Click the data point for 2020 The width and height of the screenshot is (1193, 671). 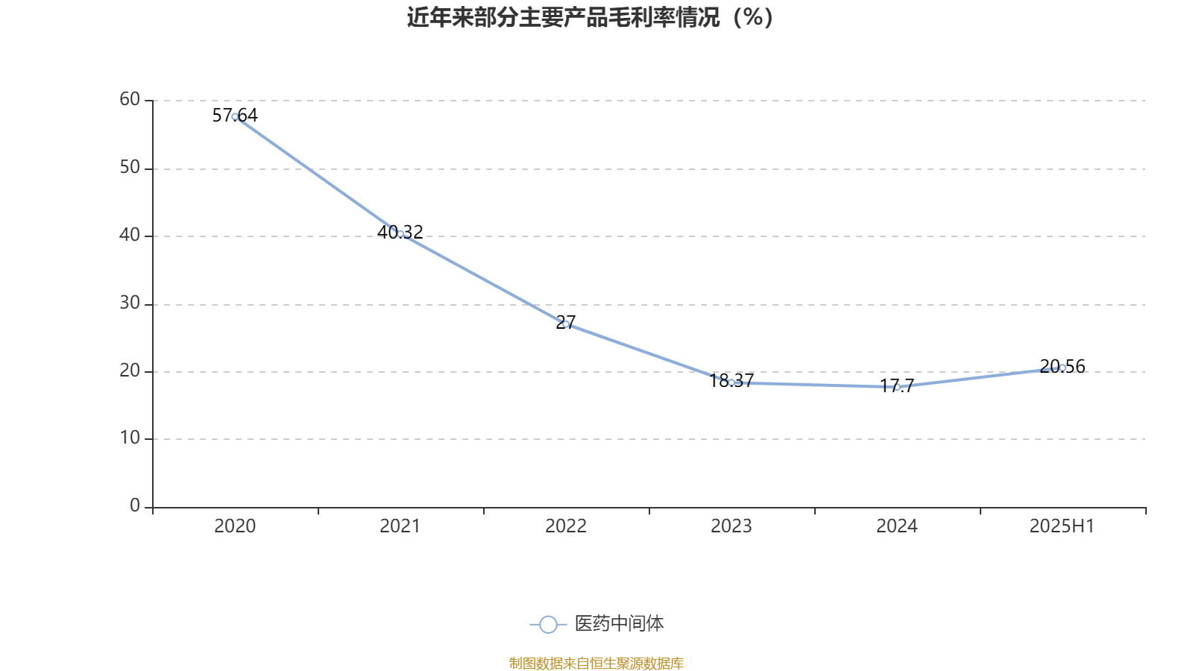[235, 116]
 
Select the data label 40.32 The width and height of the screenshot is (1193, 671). [400, 232]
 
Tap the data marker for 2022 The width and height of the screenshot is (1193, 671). [566, 324]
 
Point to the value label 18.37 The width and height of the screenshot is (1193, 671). [731, 381]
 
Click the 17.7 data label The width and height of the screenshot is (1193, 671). [897, 385]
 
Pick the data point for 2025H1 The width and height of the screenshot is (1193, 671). [1063, 368]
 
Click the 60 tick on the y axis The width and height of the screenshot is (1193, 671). [130, 99]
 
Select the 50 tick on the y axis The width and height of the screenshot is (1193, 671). [130, 168]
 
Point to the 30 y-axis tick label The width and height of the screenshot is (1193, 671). [130, 303]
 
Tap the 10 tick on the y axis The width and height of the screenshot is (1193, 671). [130, 438]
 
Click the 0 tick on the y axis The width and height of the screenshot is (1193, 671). [135, 506]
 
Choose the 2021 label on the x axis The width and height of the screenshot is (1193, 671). [400, 526]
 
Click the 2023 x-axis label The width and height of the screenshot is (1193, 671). [731, 526]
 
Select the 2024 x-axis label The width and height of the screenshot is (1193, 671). [896, 526]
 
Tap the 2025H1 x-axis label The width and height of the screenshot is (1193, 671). [1061, 526]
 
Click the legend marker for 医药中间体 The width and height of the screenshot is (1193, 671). [548, 624]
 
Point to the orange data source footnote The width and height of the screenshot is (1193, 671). [596, 663]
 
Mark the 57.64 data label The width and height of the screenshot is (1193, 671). [235, 115]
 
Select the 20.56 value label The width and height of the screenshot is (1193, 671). [1063, 366]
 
